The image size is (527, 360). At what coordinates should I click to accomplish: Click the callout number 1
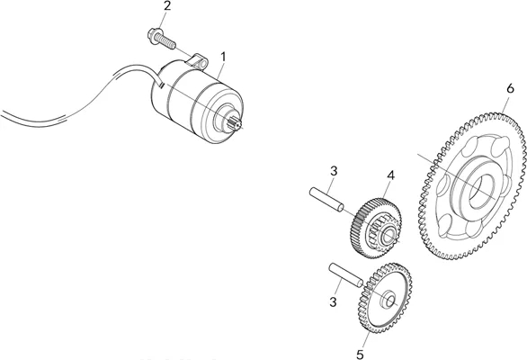click(223, 57)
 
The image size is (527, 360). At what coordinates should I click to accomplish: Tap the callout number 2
click(167, 6)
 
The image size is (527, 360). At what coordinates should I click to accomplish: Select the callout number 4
click(390, 175)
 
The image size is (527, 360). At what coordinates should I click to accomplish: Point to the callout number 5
click(360, 355)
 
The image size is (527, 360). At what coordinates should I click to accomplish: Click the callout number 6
click(510, 89)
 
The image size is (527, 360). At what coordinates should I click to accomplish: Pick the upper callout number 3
click(333, 171)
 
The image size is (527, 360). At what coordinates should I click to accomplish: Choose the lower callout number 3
click(333, 302)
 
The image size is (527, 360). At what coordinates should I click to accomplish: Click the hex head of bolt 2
click(153, 36)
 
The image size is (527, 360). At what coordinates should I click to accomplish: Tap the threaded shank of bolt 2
click(166, 42)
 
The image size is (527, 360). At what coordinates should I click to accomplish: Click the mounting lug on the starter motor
click(200, 60)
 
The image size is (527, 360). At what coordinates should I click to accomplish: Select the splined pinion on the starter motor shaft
click(234, 123)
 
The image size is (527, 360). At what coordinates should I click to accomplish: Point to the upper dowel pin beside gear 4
click(326, 200)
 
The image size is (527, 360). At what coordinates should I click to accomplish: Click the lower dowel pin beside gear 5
click(346, 274)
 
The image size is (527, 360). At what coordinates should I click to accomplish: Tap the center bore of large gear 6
click(481, 191)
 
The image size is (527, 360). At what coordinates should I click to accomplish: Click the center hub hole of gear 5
click(390, 301)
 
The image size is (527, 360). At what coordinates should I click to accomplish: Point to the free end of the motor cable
click(1, 113)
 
